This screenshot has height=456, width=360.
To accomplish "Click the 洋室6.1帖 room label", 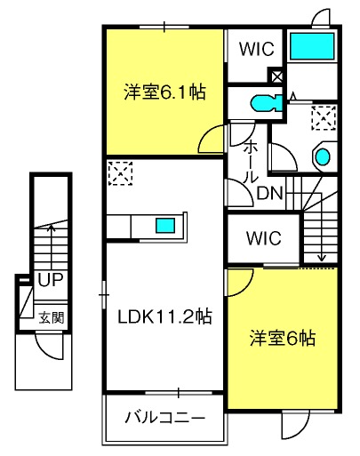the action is pyautogui.click(x=164, y=92).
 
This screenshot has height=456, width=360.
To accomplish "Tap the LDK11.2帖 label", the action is pyautogui.click(x=164, y=316).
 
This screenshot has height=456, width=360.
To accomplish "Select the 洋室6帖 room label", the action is pyautogui.click(x=283, y=338).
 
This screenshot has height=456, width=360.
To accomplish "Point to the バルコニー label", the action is pyautogui.click(x=165, y=418).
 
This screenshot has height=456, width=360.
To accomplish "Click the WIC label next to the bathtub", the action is pyautogui.click(x=257, y=49).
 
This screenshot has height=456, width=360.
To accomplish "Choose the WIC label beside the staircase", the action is pyautogui.click(x=264, y=237).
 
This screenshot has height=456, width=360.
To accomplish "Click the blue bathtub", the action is pyautogui.click(x=312, y=46).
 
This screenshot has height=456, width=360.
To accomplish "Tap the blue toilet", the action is pyautogui.click(x=267, y=103).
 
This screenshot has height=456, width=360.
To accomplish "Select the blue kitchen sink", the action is pyautogui.click(x=165, y=225).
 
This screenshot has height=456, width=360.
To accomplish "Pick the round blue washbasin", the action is pyautogui.click(x=323, y=156).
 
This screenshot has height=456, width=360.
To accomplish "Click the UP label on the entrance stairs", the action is pyautogui.click(x=51, y=279).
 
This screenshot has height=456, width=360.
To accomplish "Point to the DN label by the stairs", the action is pyautogui.click(x=269, y=193).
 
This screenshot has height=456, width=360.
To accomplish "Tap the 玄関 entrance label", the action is pyautogui.click(x=52, y=318).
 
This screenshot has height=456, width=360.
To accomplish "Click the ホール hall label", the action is pyautogui.click(x=251, y=162).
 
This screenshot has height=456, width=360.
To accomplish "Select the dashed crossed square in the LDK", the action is pyautogui.click(x=120, y=173).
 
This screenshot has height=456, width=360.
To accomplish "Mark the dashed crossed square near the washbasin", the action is pyautogui.click(x=324, y=117).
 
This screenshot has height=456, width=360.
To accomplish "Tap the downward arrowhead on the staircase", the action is pyautogui.click(x=322, y=259).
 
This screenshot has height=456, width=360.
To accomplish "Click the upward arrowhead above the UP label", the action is pyautogui.click(x=52, y=228).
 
